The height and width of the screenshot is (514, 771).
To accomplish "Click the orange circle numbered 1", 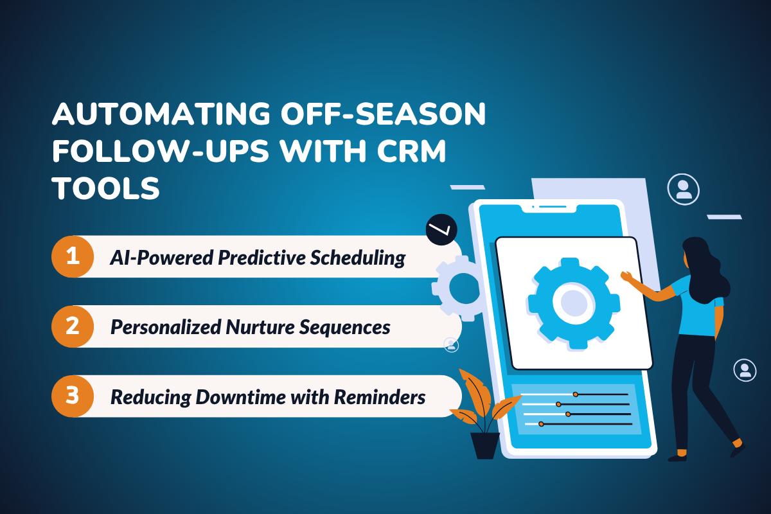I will [73, 256].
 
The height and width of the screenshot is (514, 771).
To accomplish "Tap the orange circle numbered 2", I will [73, 326].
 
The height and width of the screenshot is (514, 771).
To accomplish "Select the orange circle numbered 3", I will [73, 396].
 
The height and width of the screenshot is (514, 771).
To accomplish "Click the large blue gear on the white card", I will [573, 303].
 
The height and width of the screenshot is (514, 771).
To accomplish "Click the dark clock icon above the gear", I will [441, 229].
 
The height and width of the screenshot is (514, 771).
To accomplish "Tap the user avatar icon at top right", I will [684, 189].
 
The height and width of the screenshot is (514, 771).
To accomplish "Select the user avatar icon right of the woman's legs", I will [745, 370].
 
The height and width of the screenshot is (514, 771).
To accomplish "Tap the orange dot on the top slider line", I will [576, 394].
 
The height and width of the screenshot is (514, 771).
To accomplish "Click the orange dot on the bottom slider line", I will [541, 424].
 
